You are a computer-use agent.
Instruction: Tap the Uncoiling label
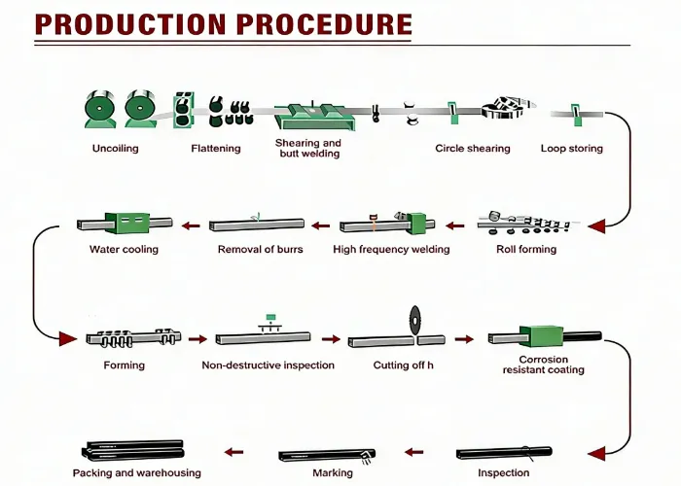coord(115,149)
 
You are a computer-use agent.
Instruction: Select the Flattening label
coord(216,149)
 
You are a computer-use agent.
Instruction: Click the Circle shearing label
coord(472,149)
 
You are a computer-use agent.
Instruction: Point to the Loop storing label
coord(571,149)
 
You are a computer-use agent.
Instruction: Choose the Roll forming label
coord(524,249)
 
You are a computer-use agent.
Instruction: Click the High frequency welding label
coord(391,249)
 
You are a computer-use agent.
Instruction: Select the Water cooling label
coord(124,249)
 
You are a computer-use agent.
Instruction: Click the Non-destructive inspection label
coord(268,365)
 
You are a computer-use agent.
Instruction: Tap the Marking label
coord(333,472)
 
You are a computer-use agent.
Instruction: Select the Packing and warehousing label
coord(137,472)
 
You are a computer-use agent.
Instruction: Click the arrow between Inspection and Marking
coord(414,452)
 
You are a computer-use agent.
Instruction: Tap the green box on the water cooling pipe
coord(125,224)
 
